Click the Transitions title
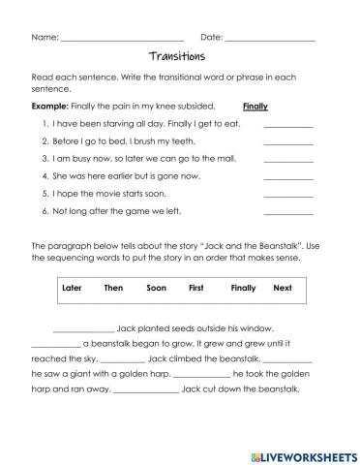pyautogui.click(x=179, y=56)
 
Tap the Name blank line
pyautogui.click(x=121, y=40)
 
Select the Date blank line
pyautogui.click(x=269, y=40)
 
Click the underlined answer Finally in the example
pyautogui.click(x=255, y=108)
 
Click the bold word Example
pyautogui.click(x=50, y=108)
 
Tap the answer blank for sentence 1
pyautogui.click(x=287, y=126)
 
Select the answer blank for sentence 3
pyautogui.click(x=287, y=160)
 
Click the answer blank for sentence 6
pyautogui.click(x=287, y=211)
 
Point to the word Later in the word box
pyautogui.click(x=72, y=288)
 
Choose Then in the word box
pyautogui.click(x=113, y=288)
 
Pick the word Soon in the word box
pyautogui.click(x=157, y=288)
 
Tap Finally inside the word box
pyautogui.click(x=244, y=288)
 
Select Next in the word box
pyautogui.click(x=283, y=288)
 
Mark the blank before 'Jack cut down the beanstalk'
pyautogui.click(x=146, y=392)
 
